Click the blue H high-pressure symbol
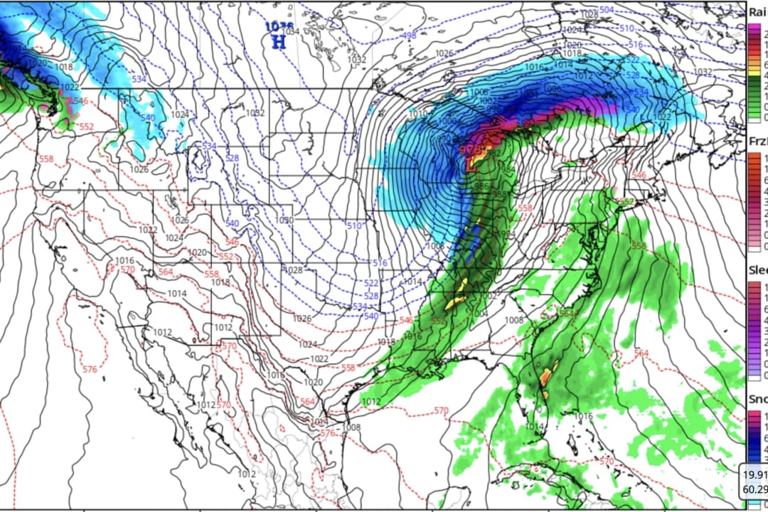click(x=279, y=42)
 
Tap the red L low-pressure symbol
click(x=471, y=164)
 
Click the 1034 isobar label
click(x=292, y=31)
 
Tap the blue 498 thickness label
click(x=409, y=36)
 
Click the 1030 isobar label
click(x=285, y=220)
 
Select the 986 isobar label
click(x=482, y=185)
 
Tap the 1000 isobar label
click(x=447, y=122)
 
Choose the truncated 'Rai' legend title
click(x=757, y=10)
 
